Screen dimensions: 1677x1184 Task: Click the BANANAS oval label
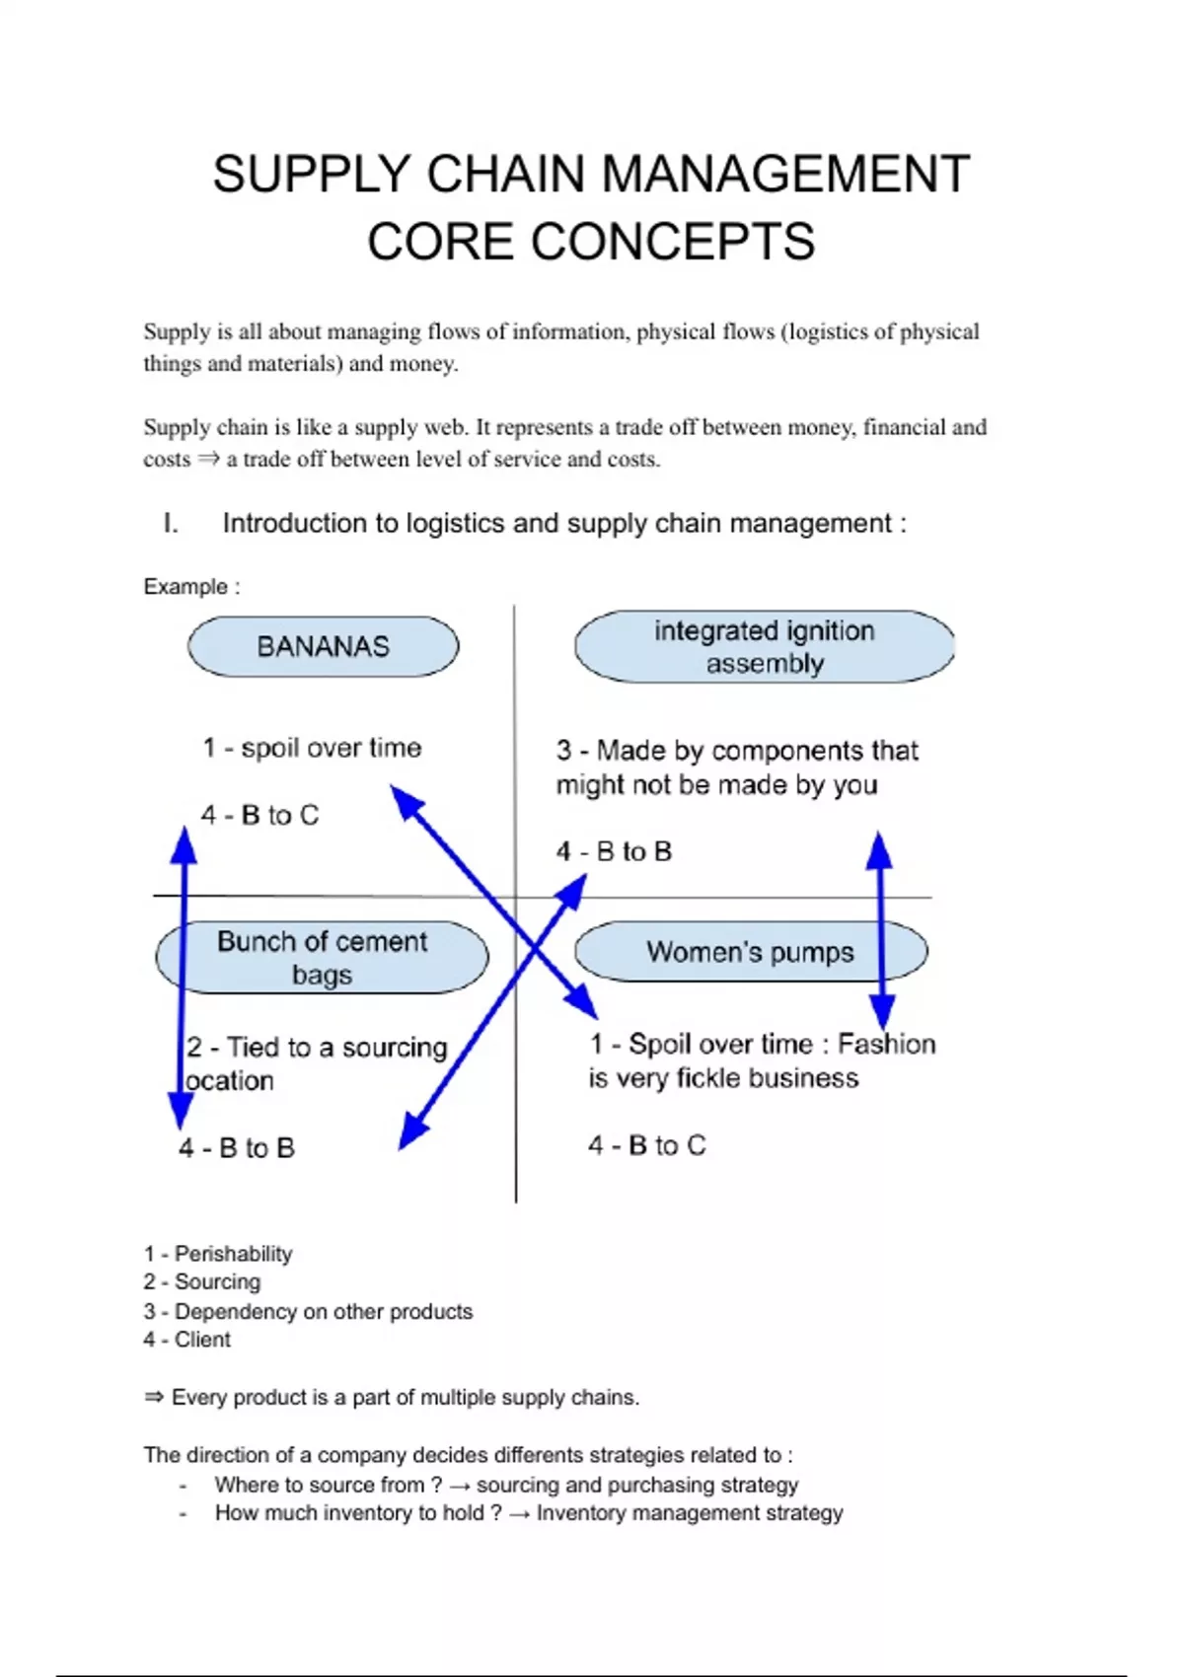(x=324, y=647)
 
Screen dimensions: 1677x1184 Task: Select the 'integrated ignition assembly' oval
(x=764, y=647)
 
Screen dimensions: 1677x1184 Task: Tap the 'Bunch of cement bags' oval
(x=322, y=958)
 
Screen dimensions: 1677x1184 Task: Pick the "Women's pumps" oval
(x=750, y=952)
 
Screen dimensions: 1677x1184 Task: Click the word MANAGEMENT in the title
(x=785, y=175)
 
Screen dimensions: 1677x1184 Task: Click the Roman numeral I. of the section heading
(x=171, y=524)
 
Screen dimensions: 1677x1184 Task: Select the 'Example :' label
(x=191, y=587)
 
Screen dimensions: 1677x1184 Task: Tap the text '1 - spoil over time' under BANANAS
(x=312, y=748)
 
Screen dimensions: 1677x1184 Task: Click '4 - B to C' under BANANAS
(x=260, y=815)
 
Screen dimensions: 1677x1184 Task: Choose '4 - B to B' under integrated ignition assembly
(x=614, y=851)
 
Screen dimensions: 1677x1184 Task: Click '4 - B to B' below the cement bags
(x=237, y=1148)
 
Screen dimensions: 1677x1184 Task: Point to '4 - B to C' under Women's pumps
(x=647, y=1145)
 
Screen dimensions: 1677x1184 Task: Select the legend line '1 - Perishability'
(x=218, y=1254)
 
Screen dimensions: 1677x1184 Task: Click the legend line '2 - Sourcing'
(x=202, y=1282)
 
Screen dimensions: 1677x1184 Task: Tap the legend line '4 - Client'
(x=187, y=1340)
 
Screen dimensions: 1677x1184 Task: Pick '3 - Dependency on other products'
(x=308, y=1312)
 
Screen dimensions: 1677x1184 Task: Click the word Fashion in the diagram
(x=886, y=1044)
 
